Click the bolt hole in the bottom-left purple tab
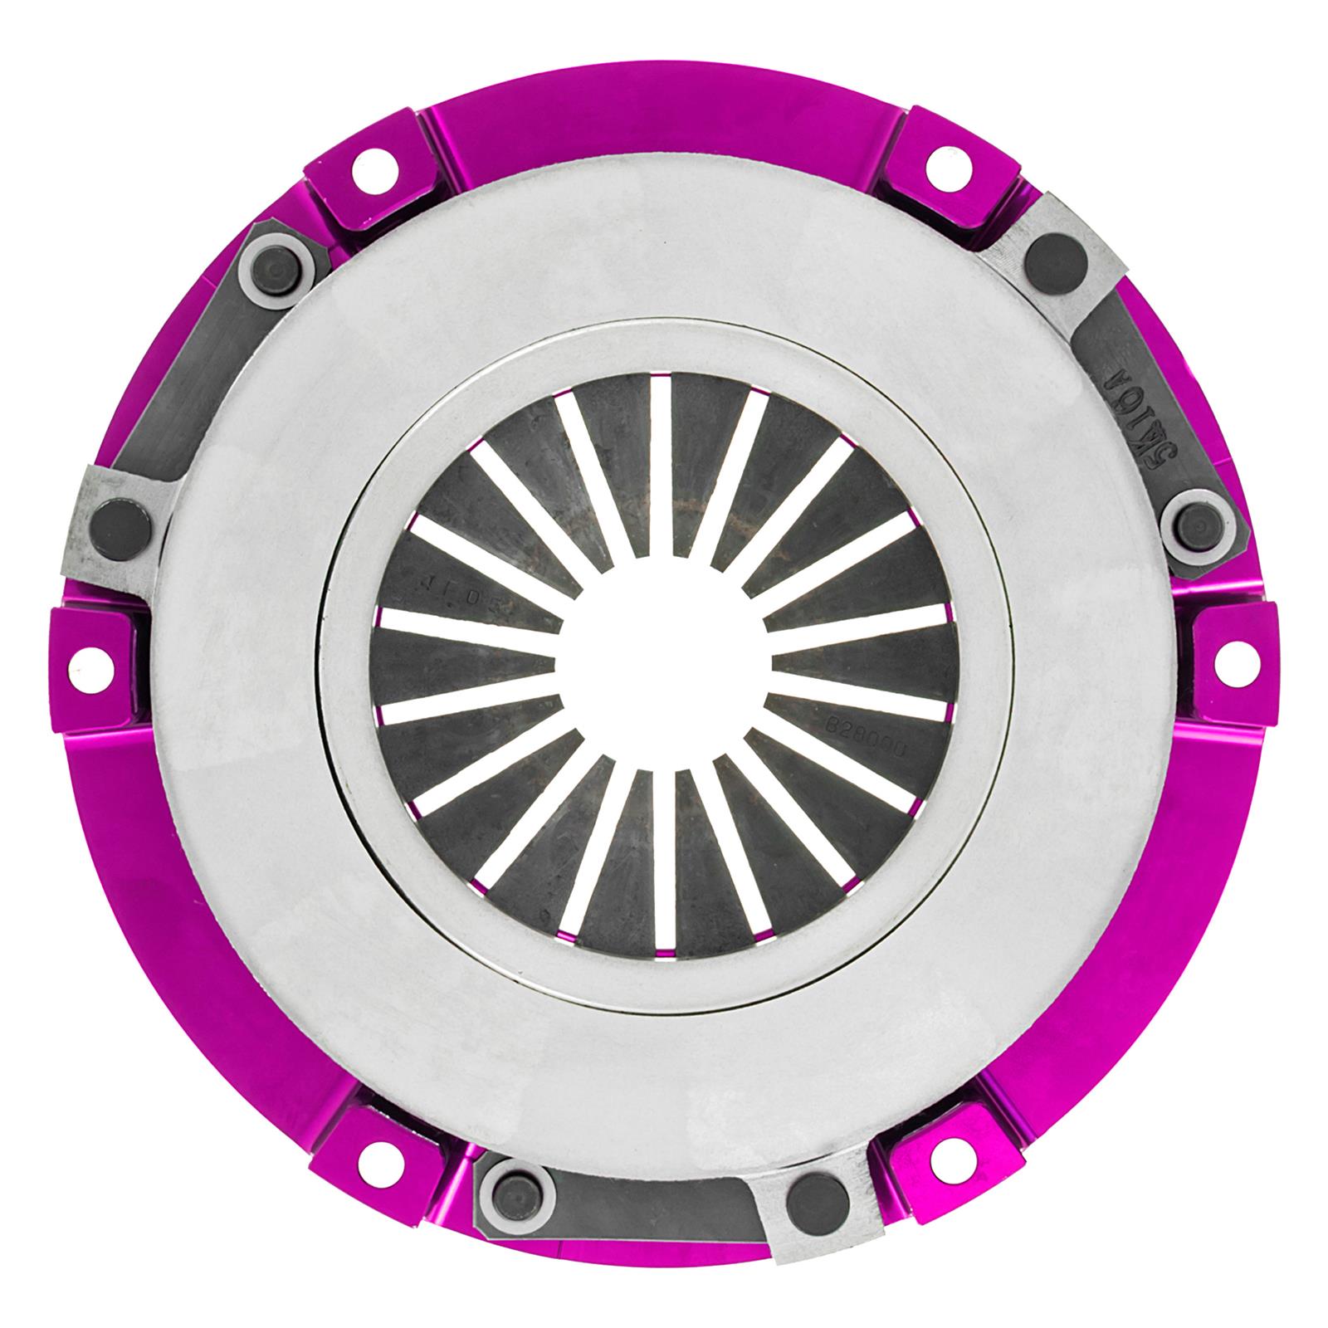[x=372, y=1150]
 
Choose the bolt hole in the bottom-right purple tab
[x=940, y=1152]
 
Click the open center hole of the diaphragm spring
[x=664, y=664]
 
